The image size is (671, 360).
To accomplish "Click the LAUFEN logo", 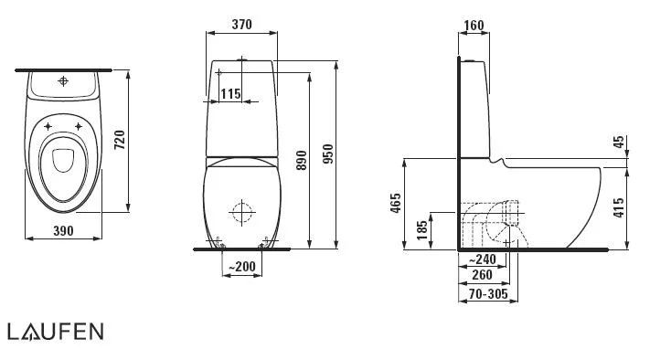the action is tap(56, 332).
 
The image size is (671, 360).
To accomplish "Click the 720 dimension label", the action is tap(120, 140).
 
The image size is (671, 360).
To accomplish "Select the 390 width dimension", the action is tap(63, 231).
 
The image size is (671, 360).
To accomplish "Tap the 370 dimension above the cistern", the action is tap(241, 25).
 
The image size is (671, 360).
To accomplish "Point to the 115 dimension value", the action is tap(230, 93).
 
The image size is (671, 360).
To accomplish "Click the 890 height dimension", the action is tap(302, 160).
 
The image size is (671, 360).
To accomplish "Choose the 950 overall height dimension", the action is tap(328, 154).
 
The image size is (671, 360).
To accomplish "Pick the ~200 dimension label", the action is tap(241, 267).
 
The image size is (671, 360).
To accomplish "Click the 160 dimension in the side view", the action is tap(474, 26).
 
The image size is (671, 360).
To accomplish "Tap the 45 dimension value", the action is tap(619, 142).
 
